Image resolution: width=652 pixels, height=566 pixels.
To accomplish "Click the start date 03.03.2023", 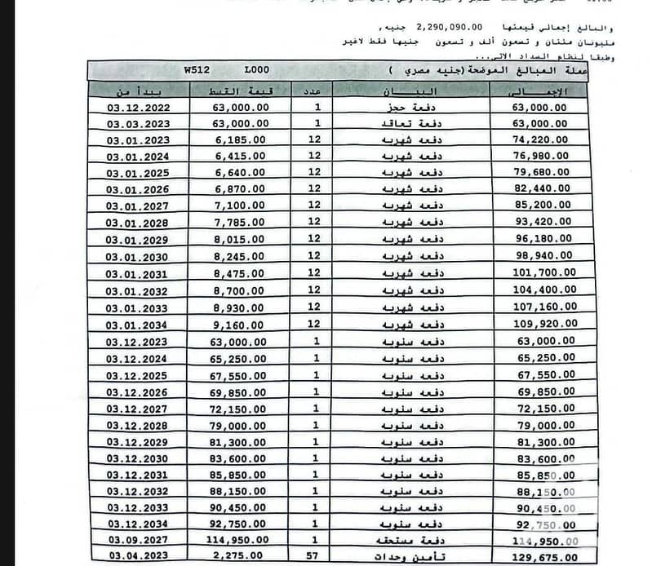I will pyautogui.click(x=136, y=123).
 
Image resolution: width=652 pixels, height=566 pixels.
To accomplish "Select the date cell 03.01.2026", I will pyautogui.click(x=136, y=188).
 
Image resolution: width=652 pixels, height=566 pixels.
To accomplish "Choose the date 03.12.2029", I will pyautogui.click(x=136, y=440).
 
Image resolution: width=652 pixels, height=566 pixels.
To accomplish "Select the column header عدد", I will pyautogui.click(x=315, y=91).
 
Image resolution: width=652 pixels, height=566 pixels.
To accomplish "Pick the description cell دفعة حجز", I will pyautogui.click(x=405, y=107).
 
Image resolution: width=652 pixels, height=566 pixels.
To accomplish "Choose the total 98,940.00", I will pyautogui.click(x=543, y=255).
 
